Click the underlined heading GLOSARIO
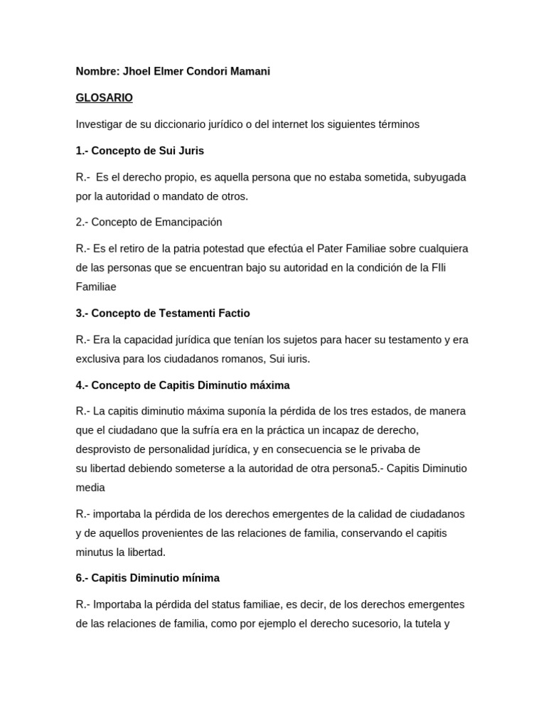(x=104, y=97)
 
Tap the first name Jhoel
(x=137, y=71)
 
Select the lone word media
(x=90, y=488)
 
